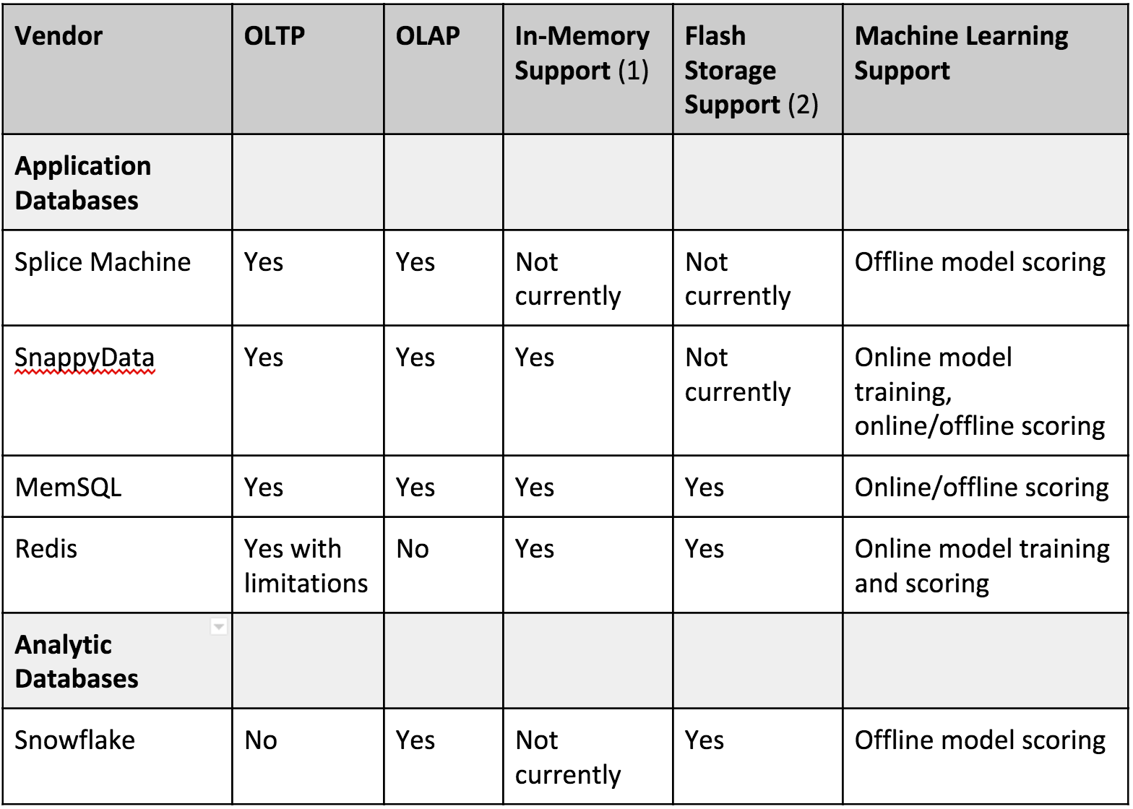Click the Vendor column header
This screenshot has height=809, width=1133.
[58, 36]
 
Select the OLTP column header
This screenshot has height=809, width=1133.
[274, 36]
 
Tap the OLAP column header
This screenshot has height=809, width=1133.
[428, 36]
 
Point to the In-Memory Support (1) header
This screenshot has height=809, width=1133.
[582, 53]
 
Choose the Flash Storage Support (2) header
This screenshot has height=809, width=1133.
[751, 70]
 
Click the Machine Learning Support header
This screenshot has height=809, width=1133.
[961, 53]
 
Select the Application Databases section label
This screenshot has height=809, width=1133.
[83, 183]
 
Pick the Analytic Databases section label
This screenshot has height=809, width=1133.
[77, 662]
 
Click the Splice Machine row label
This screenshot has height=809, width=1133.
[103, 262]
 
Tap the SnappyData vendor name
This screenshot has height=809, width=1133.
[85, 358]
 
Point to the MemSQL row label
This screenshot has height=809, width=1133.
[68, 488]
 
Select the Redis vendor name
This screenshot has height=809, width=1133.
[46, 549]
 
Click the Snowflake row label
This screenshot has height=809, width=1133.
[75, 741]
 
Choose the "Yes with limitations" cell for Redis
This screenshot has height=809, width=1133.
[306, 566]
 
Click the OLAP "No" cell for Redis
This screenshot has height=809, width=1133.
[412, 549]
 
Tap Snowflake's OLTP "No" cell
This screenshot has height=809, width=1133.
[260, 741]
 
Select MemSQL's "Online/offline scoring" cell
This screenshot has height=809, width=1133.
[982, 488]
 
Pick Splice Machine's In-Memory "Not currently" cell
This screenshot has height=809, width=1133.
[568, 280]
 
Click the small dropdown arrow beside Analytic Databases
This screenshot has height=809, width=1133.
[218, 627]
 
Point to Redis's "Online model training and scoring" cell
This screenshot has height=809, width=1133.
[982, 566]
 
